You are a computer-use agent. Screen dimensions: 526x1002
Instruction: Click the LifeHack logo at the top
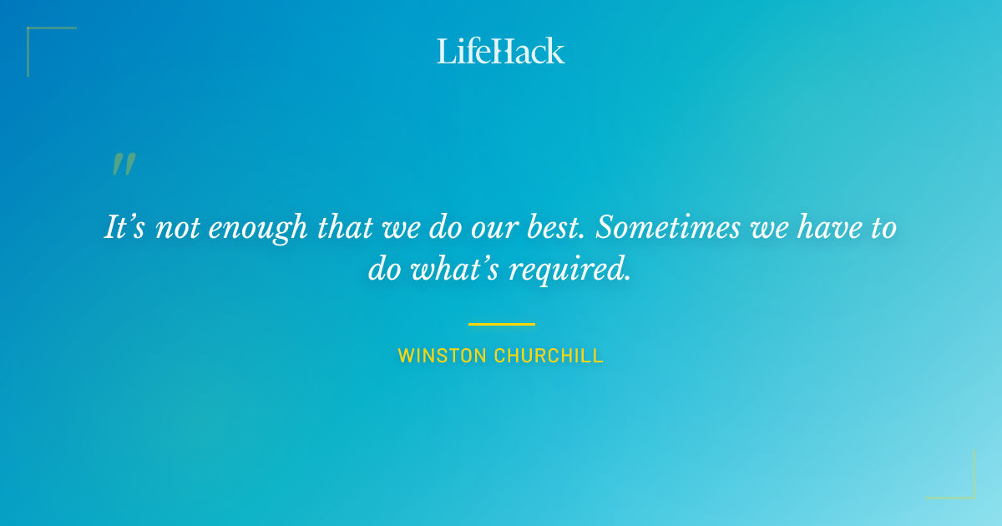pyautogui.click(x=501, y=51)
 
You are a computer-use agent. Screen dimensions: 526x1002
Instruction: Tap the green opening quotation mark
pyautogui.click(x=123, y=164)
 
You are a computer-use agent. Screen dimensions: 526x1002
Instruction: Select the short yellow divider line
pyautogui.click(x=501, y=324)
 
